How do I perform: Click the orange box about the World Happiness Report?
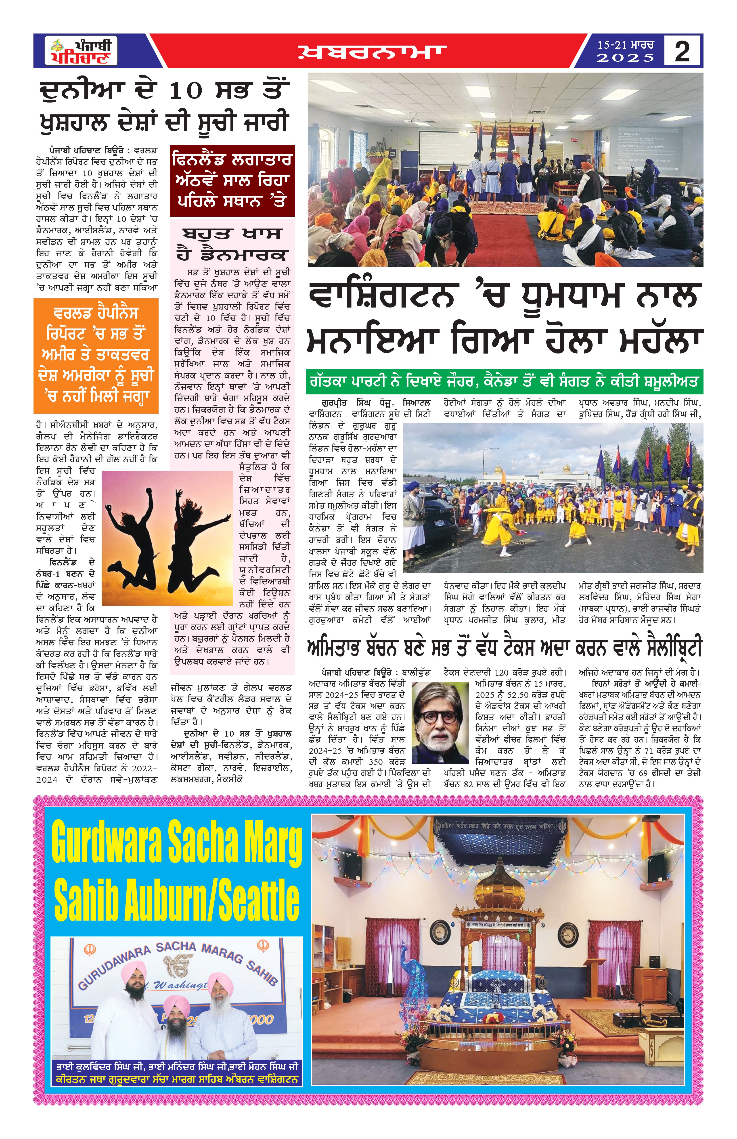96,355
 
